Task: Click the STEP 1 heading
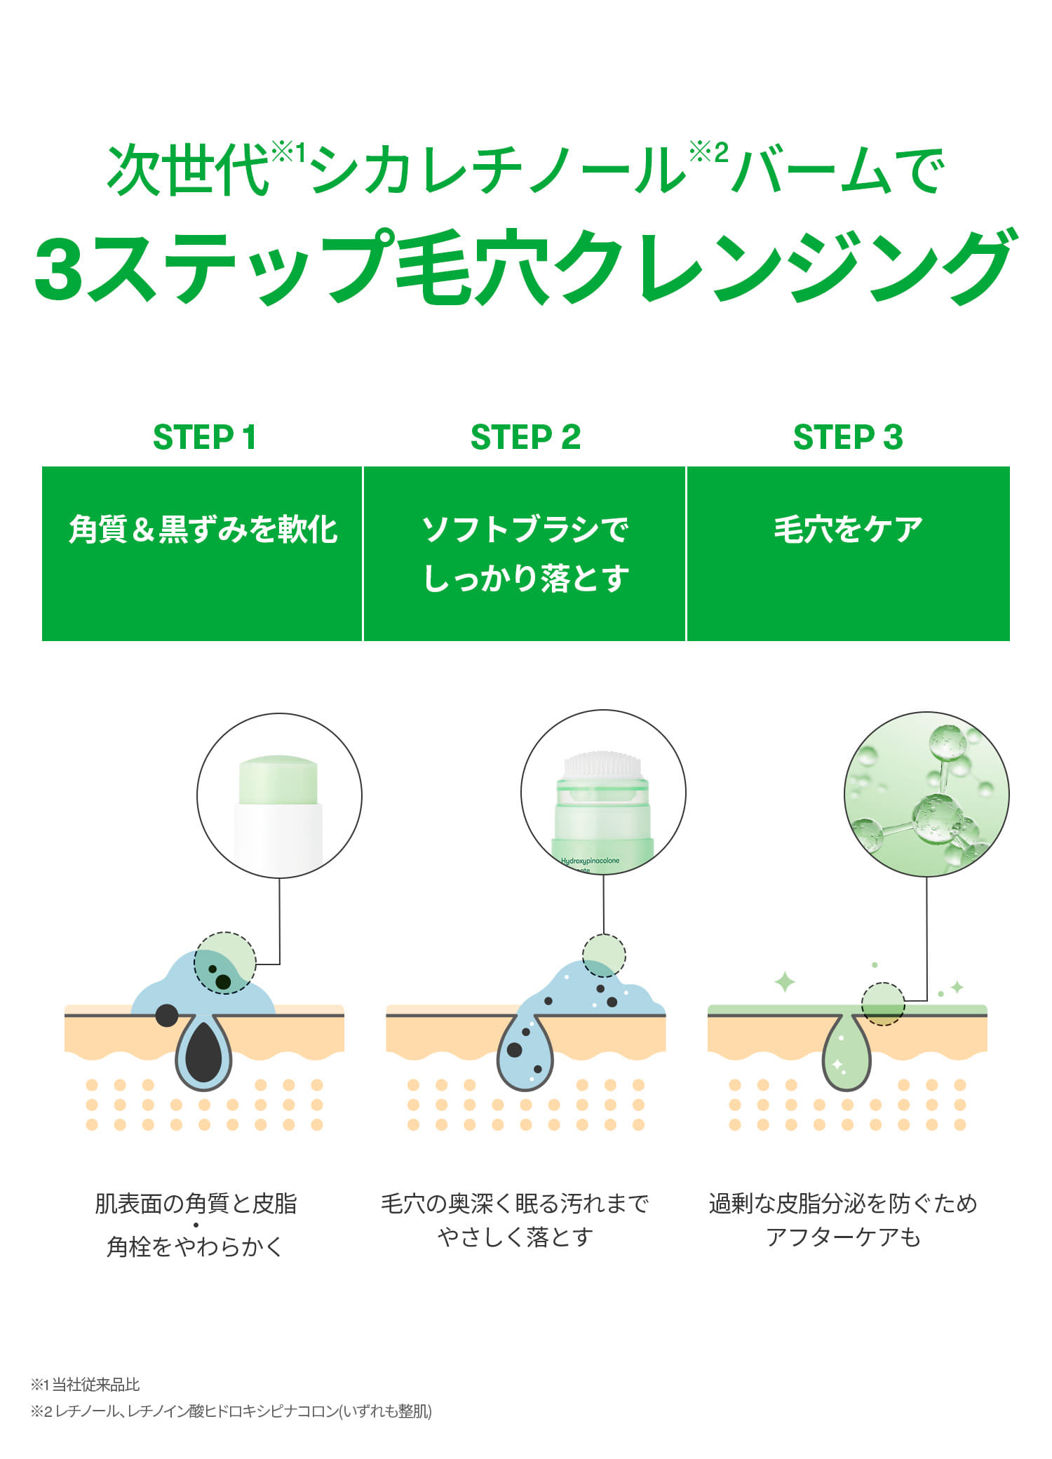[x=204, y=437]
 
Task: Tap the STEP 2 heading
[x=525, y=437]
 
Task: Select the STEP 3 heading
[x=847, y=437]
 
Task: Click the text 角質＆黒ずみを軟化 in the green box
[x=203, y=529]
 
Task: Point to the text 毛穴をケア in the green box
[x=848, y=529]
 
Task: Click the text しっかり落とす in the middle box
[x=525, y=579]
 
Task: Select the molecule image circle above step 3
[x=926, y=793]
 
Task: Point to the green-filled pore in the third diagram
[x=846, y=1059]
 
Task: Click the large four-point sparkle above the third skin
[x=785, y=982]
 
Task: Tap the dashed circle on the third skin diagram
[x=883, y=1004]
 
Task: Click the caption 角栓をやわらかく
[x=195, y=1246]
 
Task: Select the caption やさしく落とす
[x=515, y=1237]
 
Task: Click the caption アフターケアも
[x=843, y=1237]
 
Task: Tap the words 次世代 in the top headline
[x=188, y=170]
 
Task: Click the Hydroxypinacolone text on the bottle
[x=590, y=861]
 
